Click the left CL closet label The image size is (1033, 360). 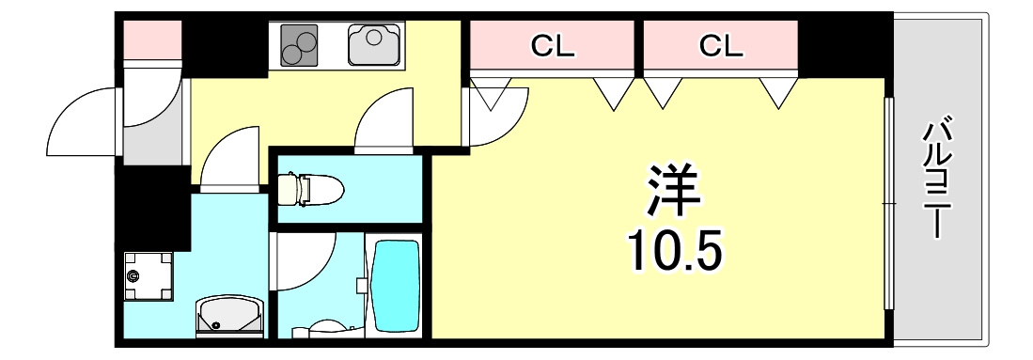tap(554, 46)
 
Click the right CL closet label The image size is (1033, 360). tap(721, 46)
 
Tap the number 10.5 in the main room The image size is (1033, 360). tap(675, 252)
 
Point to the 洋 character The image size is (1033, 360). tap(673, 191)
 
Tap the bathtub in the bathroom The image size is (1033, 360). tap(396, 287)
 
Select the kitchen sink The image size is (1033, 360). tap(374, 45)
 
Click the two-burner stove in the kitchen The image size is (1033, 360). tap(299, 45)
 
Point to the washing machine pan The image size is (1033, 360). tap(149, 275)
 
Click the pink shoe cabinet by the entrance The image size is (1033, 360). tap(152, 40)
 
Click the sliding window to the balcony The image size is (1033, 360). tap(888, 204)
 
